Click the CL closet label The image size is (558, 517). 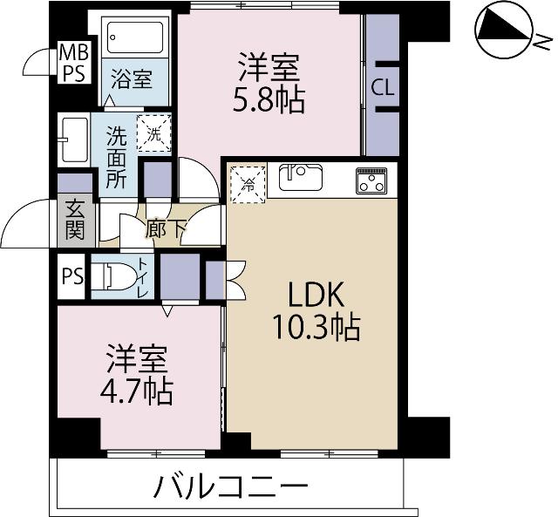[381, 87]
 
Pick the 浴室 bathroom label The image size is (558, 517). [132, 80]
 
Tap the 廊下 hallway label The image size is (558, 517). [165, 228]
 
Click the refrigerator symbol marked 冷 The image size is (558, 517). [248, 183]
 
